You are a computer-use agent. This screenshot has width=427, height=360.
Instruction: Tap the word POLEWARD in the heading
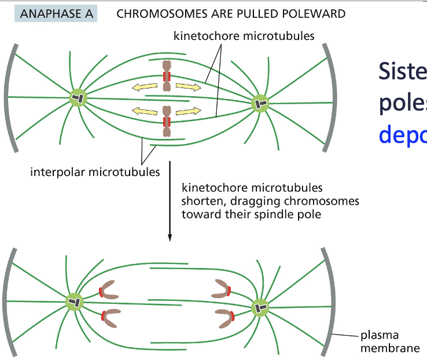(x=318, y=13)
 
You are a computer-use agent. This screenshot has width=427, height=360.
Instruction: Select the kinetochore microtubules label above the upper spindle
(x=244, y=36)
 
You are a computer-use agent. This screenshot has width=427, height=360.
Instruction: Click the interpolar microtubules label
(x=95, y=172)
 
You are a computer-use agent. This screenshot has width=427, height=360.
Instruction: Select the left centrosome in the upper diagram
(x=78, y=98)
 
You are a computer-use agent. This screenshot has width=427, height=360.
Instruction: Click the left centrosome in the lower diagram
(x=75, y=302)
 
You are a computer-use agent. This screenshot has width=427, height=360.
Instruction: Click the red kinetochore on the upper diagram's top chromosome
(x=167, y=76)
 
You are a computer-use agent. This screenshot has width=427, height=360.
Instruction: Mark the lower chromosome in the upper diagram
(x=167, y=122)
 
